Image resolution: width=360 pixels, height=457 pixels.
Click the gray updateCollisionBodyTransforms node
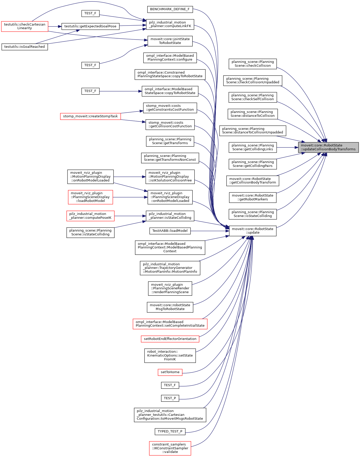[328, 147]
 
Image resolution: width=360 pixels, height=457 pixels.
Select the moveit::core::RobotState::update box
[253, 231]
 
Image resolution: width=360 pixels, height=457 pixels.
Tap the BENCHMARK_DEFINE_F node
[170, 9]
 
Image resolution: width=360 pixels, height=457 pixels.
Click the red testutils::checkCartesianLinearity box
[25, 26]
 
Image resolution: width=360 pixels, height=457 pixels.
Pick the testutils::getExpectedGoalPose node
[90, 26]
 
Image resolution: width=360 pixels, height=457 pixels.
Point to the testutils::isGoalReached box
[25, 47]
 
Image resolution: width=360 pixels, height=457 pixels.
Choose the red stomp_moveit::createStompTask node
[90, 116]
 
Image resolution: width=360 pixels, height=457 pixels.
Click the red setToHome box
[170, 372]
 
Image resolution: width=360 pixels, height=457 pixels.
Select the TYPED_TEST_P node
[170, 431]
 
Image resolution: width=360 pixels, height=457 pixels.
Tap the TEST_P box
[170, 398]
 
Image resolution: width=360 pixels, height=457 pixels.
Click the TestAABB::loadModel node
[170, 231]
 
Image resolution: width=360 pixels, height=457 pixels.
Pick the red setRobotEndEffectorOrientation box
[170, 339]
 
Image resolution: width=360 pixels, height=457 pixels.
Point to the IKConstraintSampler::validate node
[170, 448]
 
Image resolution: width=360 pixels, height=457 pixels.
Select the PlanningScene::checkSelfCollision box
[253, 97]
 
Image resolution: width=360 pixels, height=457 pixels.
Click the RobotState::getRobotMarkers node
[253, 197]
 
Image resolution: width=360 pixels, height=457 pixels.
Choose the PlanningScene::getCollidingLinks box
[253, 147]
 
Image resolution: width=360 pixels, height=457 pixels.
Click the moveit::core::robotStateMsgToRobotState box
[170, 307]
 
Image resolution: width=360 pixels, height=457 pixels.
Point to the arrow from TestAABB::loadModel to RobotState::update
[210, 231]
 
